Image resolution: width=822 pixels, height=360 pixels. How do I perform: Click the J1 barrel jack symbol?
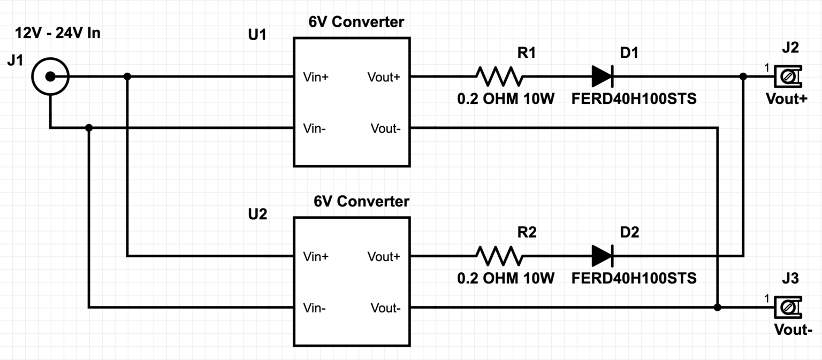(50, 77)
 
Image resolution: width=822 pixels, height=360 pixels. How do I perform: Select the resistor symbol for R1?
(499, 76)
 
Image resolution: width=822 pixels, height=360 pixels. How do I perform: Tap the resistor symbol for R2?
(499, 256)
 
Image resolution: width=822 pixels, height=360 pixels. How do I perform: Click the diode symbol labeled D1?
(603, 76)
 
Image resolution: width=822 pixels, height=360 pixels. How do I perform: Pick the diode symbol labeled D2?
(603, 256)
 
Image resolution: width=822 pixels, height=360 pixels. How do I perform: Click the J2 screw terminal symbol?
(787, 77)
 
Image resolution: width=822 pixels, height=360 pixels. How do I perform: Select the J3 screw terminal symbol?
(787, 307)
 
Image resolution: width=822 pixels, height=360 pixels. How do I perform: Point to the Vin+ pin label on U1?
(316, 77)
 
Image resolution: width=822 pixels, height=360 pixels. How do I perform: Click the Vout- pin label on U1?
(385, 128)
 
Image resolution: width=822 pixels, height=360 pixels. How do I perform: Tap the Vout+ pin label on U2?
(384, 257)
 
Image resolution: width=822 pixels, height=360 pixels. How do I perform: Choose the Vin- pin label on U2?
(315, 308)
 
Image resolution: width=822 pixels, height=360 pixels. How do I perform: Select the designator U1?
(257, 35)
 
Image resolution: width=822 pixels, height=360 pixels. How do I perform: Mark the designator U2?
(257, 215)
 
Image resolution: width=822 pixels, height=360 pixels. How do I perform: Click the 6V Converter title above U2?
(361, 202)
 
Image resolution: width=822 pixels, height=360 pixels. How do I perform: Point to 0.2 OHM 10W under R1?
(506, 99)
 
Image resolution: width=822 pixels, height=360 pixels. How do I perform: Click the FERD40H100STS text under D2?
(634, 278)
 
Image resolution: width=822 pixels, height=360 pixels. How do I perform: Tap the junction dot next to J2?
(743, 77)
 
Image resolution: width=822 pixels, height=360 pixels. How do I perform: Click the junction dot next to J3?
(717, 307)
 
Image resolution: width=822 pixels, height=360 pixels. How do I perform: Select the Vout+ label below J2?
(786, 99)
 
